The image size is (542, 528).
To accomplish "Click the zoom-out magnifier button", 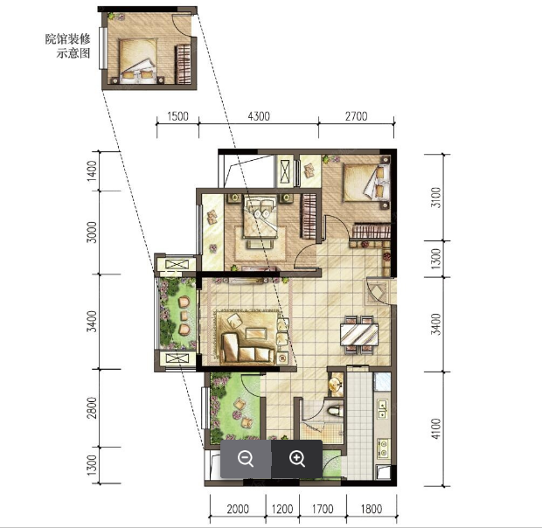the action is point(246,459).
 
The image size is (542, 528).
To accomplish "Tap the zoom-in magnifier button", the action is point(297,459).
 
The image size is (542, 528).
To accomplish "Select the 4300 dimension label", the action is point(259,116).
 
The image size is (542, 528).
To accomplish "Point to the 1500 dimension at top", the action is point(178,116).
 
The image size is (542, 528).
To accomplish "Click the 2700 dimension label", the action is point(357,116).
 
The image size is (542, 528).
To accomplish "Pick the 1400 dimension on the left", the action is point(92,170).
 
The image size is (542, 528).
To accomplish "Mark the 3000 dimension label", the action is point(92,233).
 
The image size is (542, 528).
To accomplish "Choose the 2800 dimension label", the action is point(92,407).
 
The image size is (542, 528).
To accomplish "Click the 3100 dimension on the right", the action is point(436,198).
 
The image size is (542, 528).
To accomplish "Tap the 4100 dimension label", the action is point(436,429).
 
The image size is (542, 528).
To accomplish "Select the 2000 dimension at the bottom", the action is point(238,509).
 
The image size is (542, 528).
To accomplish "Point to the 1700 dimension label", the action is point(323,509).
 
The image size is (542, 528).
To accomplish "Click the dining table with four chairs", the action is point(359,334).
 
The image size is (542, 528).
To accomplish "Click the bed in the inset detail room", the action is point(137,61).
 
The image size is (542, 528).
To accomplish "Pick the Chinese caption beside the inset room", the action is point(68,45).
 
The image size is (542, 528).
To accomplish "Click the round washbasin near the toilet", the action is point(336,385).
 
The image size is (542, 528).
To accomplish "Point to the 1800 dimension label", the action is point(372,509).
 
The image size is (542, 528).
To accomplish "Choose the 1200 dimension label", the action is point(282,509).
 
